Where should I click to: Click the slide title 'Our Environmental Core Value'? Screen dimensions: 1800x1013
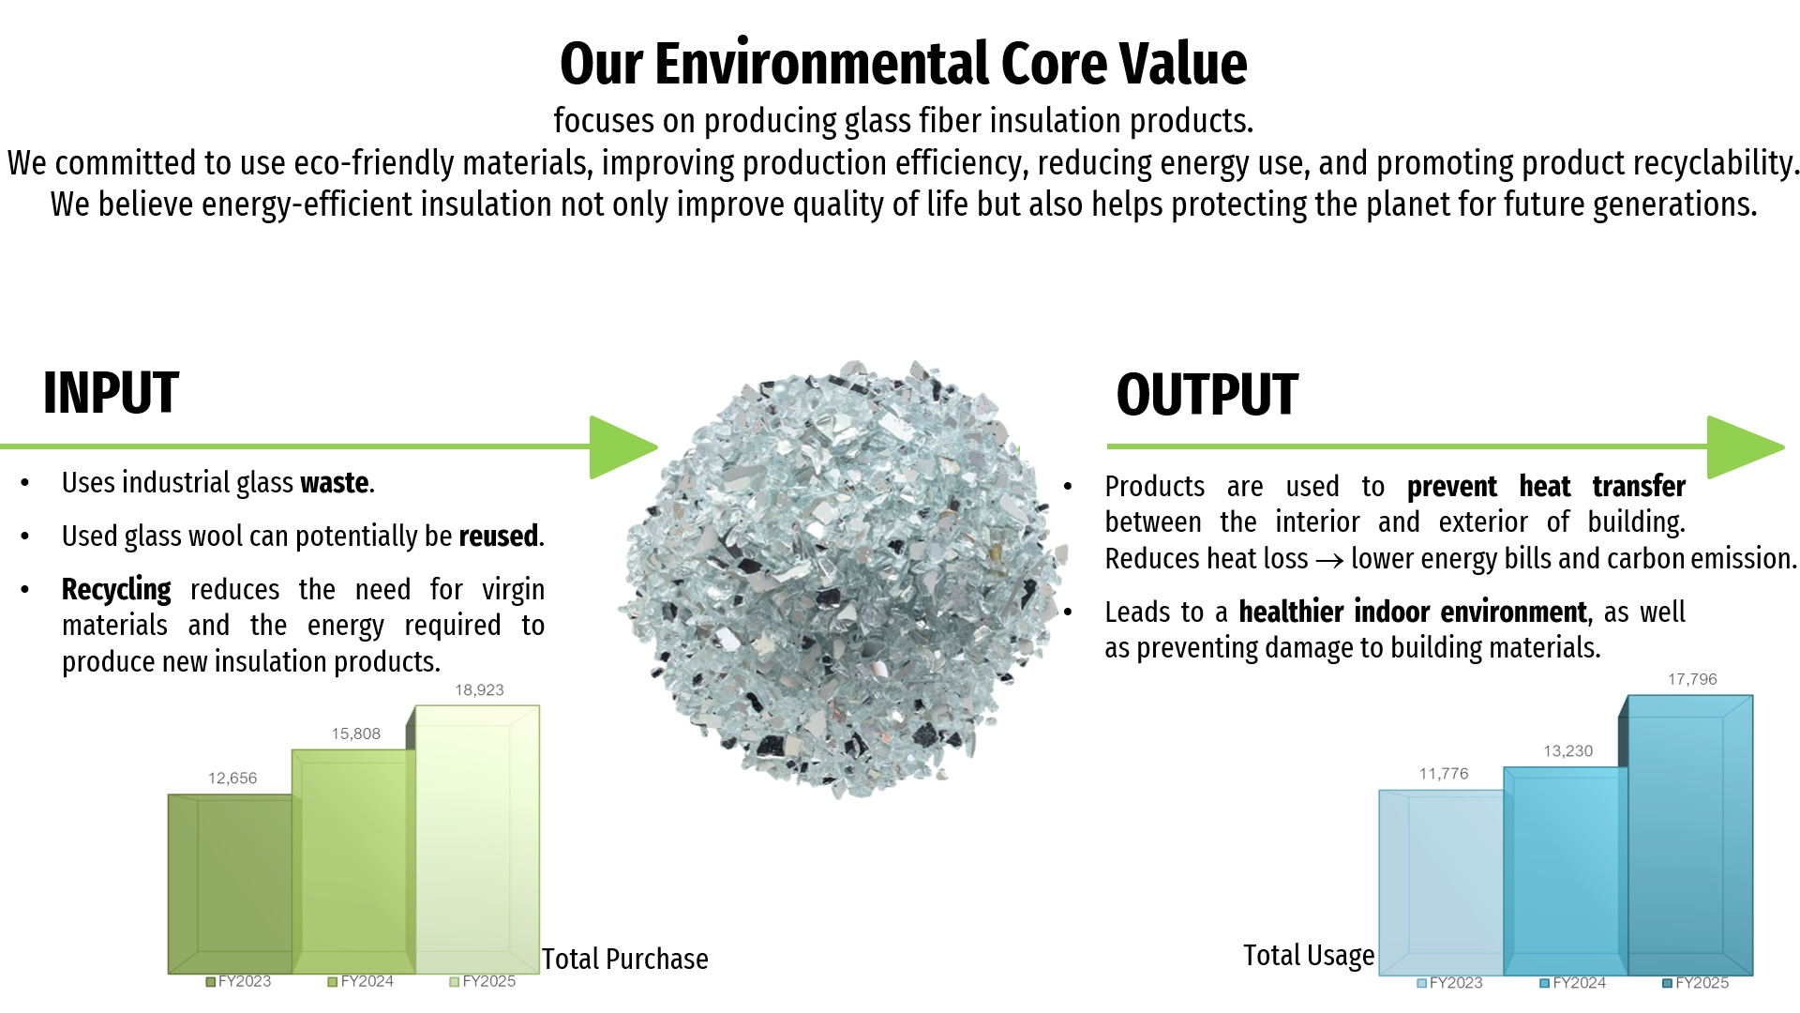click(x=903, y=64)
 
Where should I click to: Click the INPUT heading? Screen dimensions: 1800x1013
click(x=111, y=393)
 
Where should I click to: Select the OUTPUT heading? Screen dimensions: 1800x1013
click(x=1207, y=395)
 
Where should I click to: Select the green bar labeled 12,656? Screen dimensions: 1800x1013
click(x=230, y=884)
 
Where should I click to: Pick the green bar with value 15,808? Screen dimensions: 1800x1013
click(x=353, y=862)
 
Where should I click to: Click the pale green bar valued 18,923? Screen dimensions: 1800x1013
click(x=477, y=839)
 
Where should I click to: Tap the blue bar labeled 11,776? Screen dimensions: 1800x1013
click(x=1441, y=883)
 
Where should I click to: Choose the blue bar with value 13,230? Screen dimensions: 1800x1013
click(x=1565, y=871)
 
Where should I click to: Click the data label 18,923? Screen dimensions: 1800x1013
click(x=479, y=690)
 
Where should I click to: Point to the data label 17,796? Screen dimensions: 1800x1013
click(x=1692, y=680)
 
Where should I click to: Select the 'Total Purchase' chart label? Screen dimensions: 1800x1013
click(x=625, y=960)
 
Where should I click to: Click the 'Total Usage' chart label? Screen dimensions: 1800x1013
click(x=1309, y=956)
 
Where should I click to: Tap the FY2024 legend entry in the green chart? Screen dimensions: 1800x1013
click(x=361, y=982)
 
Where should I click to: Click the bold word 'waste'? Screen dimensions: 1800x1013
click(x=335, y=483)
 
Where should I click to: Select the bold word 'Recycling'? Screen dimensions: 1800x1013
click(x=116, y=590)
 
